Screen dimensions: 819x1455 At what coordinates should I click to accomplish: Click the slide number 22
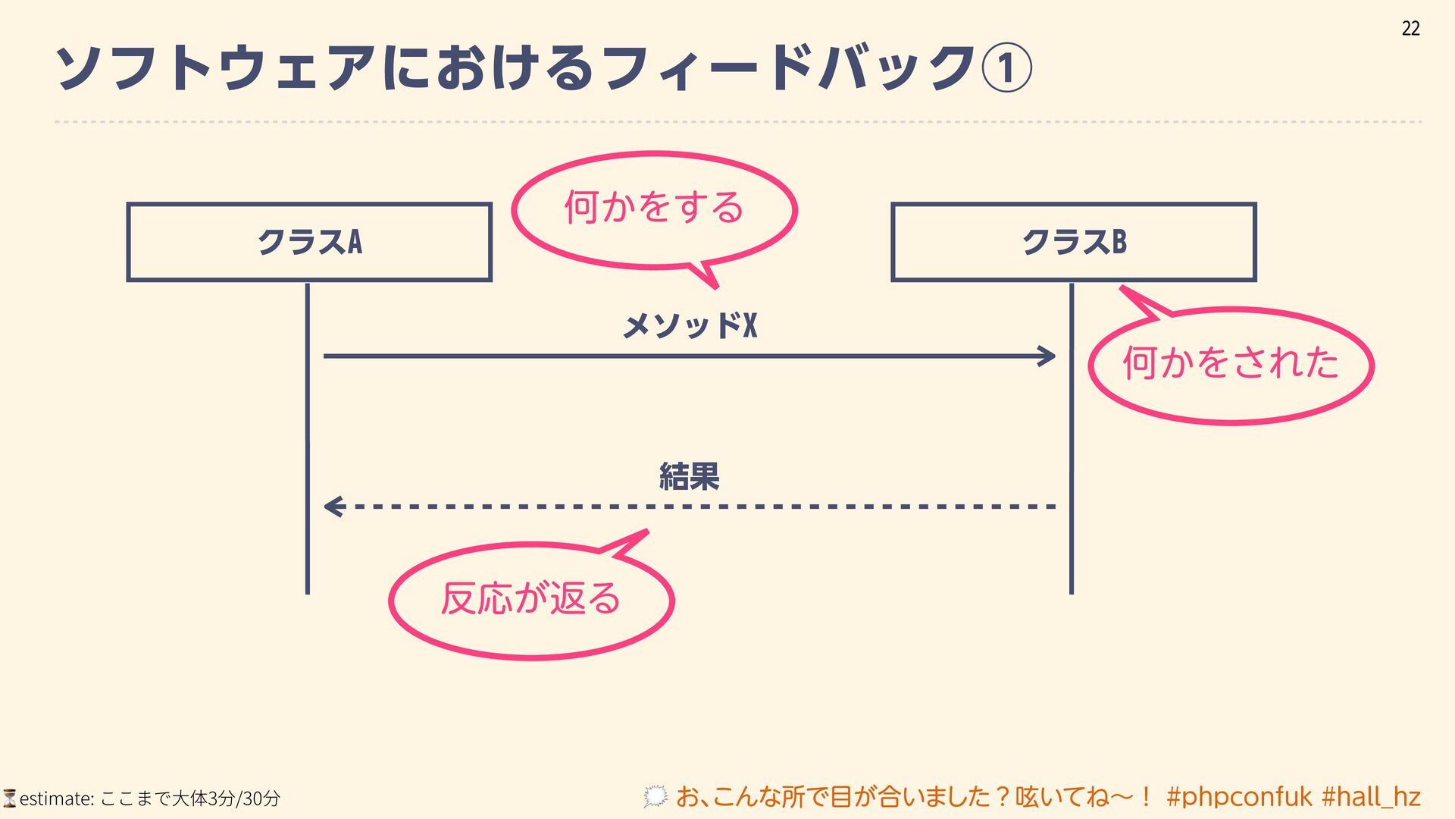coord(1410,29)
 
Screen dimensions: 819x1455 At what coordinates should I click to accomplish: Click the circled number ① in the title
coord(1006,68)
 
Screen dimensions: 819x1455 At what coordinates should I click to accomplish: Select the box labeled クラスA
coord(309,243)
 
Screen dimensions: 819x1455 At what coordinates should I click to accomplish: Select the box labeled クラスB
coord(1074,243)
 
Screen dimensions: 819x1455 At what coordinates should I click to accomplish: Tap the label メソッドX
coord(690,326)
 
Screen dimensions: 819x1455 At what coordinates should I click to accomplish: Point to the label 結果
coord(689,477)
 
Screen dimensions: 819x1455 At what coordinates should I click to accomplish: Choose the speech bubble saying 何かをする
coord(654,209)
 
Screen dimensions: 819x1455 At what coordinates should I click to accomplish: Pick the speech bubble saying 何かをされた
coord(1231,364)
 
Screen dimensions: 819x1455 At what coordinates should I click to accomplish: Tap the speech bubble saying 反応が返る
coord(531,599)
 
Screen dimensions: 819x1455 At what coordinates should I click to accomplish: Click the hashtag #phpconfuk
coord(1239,797)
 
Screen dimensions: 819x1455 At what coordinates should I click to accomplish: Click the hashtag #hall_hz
coord(1371,797)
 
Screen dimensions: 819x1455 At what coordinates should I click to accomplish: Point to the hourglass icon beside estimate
coord(10,798)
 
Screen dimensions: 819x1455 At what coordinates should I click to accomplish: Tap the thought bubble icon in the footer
coord(656,796)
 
